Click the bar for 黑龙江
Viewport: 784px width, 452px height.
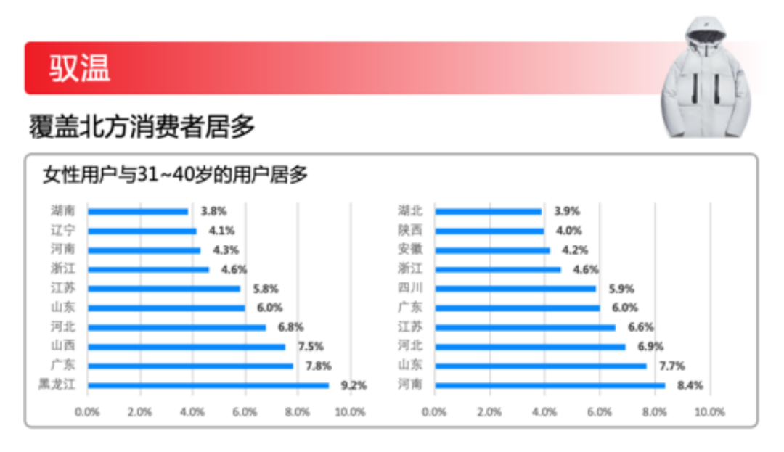[208, 385]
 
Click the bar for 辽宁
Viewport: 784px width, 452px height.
[142, 231]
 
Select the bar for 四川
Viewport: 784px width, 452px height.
[515, 289]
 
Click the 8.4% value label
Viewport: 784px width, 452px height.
[690, 385]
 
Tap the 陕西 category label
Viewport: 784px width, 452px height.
[410, 231]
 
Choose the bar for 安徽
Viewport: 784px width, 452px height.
[492, 250]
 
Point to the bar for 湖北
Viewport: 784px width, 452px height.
[488, 211]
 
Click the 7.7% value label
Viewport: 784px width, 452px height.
[670, 366]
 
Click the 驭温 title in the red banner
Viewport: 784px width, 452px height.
[80, 68]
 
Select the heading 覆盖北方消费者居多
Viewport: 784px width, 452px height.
[142, 127]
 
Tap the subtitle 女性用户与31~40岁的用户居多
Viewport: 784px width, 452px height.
[175, 175]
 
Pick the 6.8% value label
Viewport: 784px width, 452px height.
[289, 327]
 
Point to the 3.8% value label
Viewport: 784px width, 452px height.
[213, 211]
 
